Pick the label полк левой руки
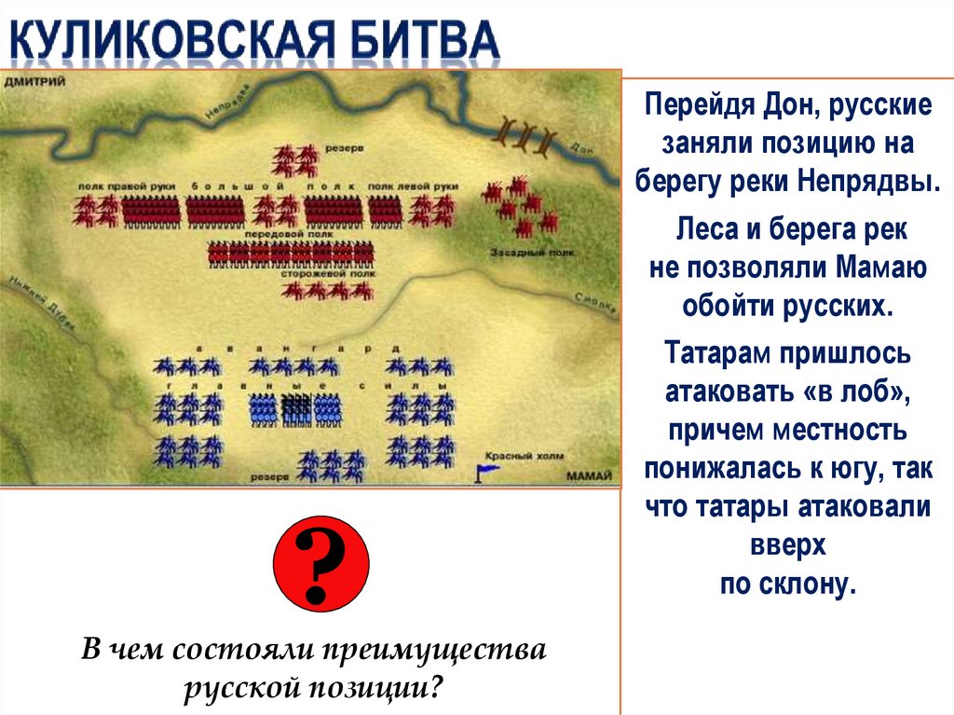tap(414, 186)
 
